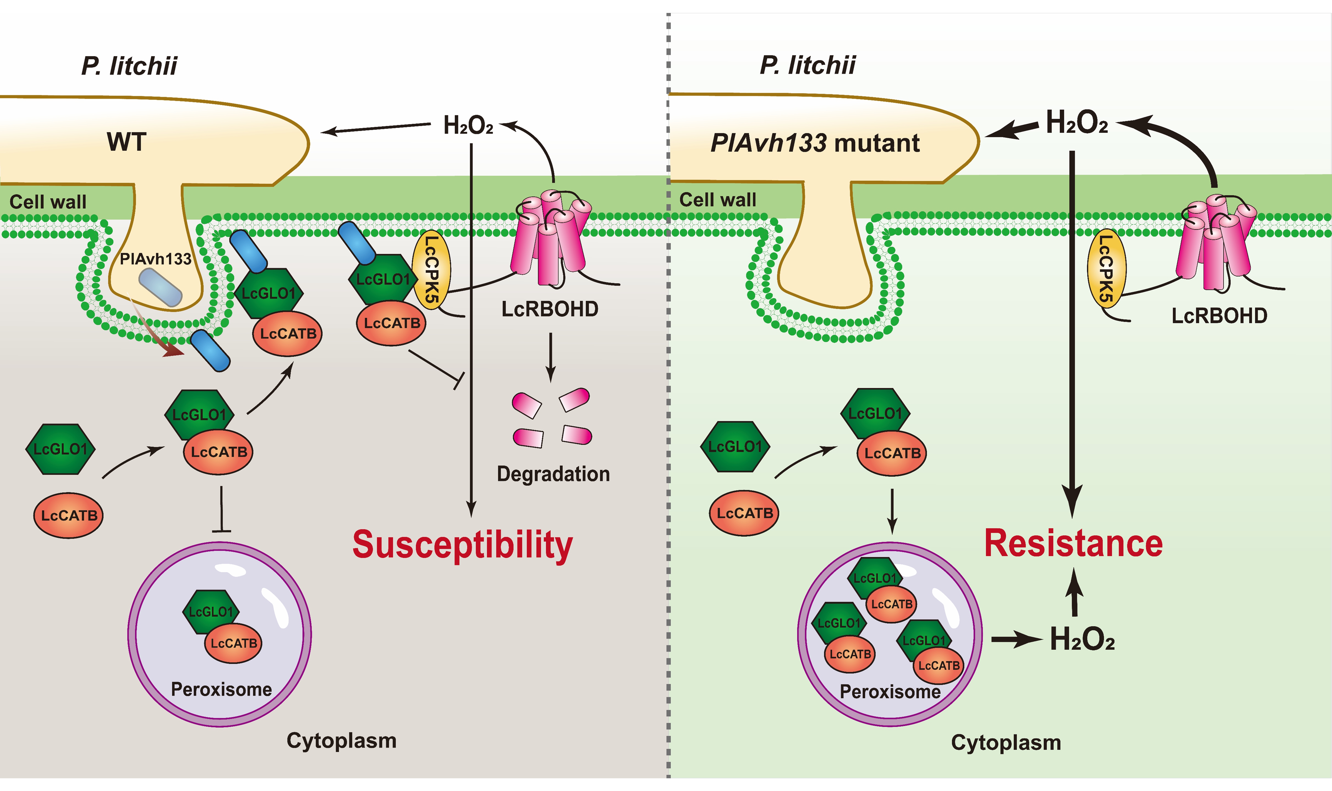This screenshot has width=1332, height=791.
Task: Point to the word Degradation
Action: coord(553,474)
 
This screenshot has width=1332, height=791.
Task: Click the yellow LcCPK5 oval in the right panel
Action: coord(1106,269)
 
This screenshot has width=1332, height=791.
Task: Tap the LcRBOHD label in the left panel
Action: coord(550,309)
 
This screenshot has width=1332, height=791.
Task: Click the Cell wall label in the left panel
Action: coord(48,202)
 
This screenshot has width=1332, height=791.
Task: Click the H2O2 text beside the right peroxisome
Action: coord(1082,639)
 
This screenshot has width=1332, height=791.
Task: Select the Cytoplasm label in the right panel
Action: coord(1006,743)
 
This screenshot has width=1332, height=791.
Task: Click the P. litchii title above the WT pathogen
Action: coord(129,66)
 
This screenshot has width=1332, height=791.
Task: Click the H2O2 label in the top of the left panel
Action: coord(468,126)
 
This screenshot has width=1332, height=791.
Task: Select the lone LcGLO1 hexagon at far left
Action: coord(60,449)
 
